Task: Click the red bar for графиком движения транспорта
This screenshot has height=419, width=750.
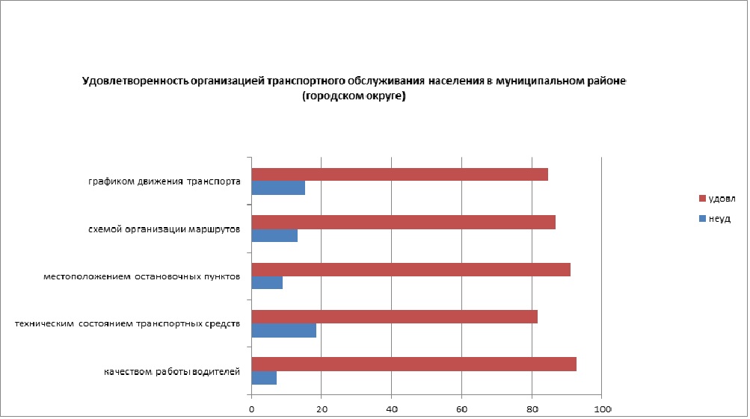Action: coord(399,175)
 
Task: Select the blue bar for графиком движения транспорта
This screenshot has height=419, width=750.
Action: coord(278,188)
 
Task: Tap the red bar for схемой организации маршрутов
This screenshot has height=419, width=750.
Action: coord(403,223)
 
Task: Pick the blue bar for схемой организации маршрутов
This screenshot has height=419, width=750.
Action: coord(274,236)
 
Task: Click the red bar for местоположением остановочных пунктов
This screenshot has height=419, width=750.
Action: coord(411,270)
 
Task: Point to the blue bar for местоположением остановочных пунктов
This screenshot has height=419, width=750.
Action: coord(267,283)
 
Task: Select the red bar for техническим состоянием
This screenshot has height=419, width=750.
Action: coord(394,317)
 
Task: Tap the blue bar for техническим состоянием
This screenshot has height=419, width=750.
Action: coord(283,330)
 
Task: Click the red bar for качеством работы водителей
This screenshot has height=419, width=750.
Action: coord(414,364)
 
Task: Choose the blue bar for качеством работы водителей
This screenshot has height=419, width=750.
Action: coord(264,378)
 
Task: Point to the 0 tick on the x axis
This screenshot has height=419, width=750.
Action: coord(251,409)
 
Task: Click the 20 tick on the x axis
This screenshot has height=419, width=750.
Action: coord(322,409)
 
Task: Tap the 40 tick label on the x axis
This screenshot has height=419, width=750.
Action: coord(391,409)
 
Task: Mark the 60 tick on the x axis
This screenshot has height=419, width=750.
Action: coord(461,409)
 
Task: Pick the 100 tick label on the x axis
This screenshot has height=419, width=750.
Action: coord(602,409)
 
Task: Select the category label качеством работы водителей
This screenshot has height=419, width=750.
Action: coord(172,372)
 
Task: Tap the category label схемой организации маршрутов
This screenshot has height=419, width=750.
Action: coord(164,230)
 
